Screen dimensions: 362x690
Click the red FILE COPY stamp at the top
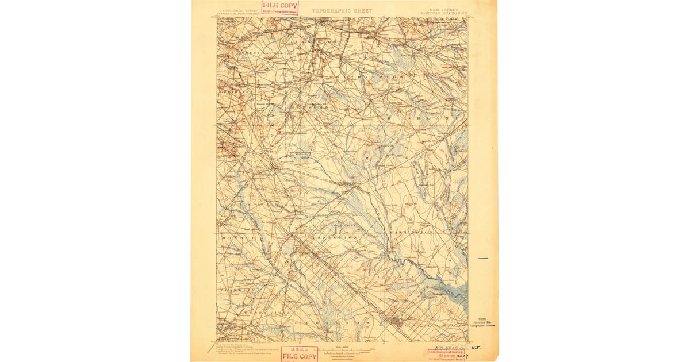coord(280,7)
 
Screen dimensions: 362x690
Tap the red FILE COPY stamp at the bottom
coord(298,354)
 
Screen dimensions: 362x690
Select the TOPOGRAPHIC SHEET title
coord(342,11)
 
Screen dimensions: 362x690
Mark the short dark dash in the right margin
coord(483,258)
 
